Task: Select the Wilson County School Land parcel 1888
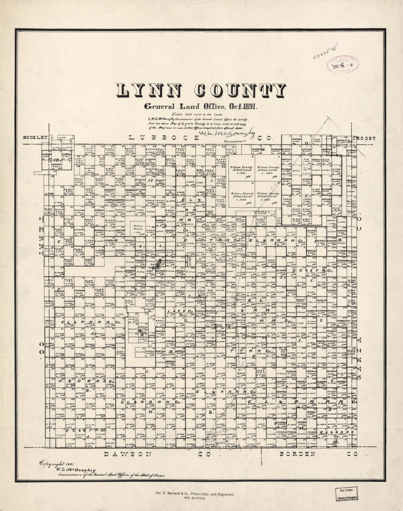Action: point(269,169)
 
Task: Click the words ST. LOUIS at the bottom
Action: point(201,499)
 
